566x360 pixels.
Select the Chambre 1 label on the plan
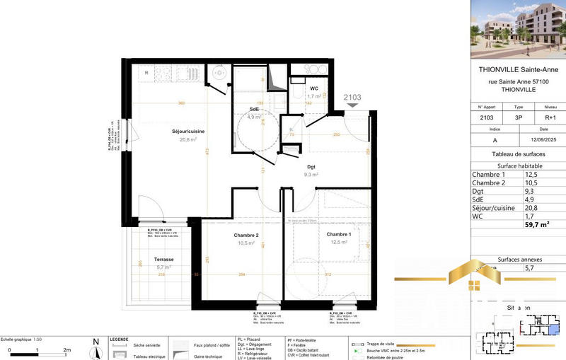coord(339,234)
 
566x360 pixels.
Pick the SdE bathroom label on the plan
coord(255,109)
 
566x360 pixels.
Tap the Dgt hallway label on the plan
coord(311,166)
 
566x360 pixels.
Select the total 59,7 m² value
coord(536,224)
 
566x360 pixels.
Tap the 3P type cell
coord(519,119)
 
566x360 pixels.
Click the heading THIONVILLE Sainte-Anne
coord(518,69)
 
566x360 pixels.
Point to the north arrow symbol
coord(96,347)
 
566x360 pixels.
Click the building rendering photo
coord(518,28)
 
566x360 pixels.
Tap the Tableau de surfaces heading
coord(518,153)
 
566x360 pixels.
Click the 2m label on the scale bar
coord(67,350)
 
